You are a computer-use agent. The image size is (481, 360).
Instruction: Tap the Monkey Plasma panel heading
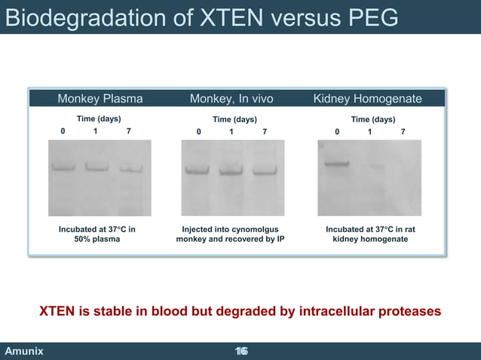(100, 99)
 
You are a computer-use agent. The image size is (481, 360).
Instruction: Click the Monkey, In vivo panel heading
(231, 99)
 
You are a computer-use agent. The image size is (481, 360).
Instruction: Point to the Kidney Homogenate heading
(367, 99)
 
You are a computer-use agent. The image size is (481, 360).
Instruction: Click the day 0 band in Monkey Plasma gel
(63, 167)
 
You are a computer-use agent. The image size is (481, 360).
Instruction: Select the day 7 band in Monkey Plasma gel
(130, 169)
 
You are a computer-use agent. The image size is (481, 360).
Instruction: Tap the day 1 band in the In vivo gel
(231, 171)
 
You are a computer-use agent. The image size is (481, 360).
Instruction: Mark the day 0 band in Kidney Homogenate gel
(336, 163)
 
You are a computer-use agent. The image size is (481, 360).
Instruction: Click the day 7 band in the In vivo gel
(265, 171)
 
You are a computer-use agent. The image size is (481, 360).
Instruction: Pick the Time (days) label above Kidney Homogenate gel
(372, 119)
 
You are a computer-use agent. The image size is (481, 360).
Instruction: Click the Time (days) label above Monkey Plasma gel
(99, 119)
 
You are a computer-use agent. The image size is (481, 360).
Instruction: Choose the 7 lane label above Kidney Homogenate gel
(403, 132)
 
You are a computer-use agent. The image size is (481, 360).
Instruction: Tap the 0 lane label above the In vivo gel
(199, 132)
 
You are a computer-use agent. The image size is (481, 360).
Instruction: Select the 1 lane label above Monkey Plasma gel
(95, 131)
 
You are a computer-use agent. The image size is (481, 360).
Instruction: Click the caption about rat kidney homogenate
(367, 233)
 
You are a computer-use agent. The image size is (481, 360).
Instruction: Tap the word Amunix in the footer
(24, 352)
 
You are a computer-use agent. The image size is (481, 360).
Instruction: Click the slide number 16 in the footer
(241, 352)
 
